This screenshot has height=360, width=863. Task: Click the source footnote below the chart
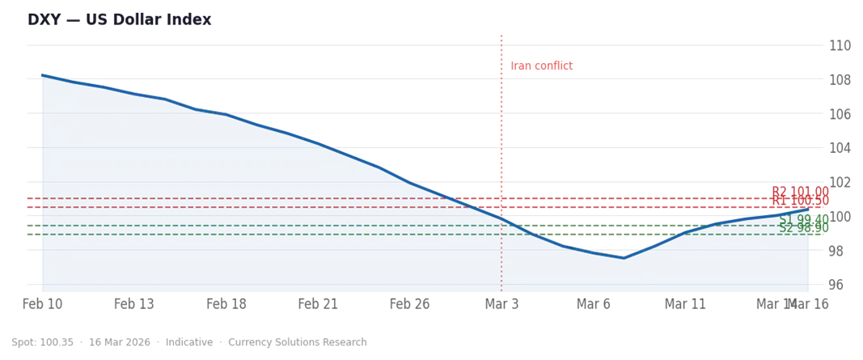click(x=186, y=343)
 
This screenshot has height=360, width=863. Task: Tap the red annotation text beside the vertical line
click(x=543, y=66)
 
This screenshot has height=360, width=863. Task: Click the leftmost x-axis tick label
click(x=40, y=305)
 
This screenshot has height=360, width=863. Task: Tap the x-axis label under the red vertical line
click(x=502, y=305)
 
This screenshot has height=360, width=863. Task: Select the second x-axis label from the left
click(x=131, y=305)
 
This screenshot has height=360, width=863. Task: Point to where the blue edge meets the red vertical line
click(x=502, y=216)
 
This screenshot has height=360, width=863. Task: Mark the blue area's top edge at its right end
click(x=808, y=209)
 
